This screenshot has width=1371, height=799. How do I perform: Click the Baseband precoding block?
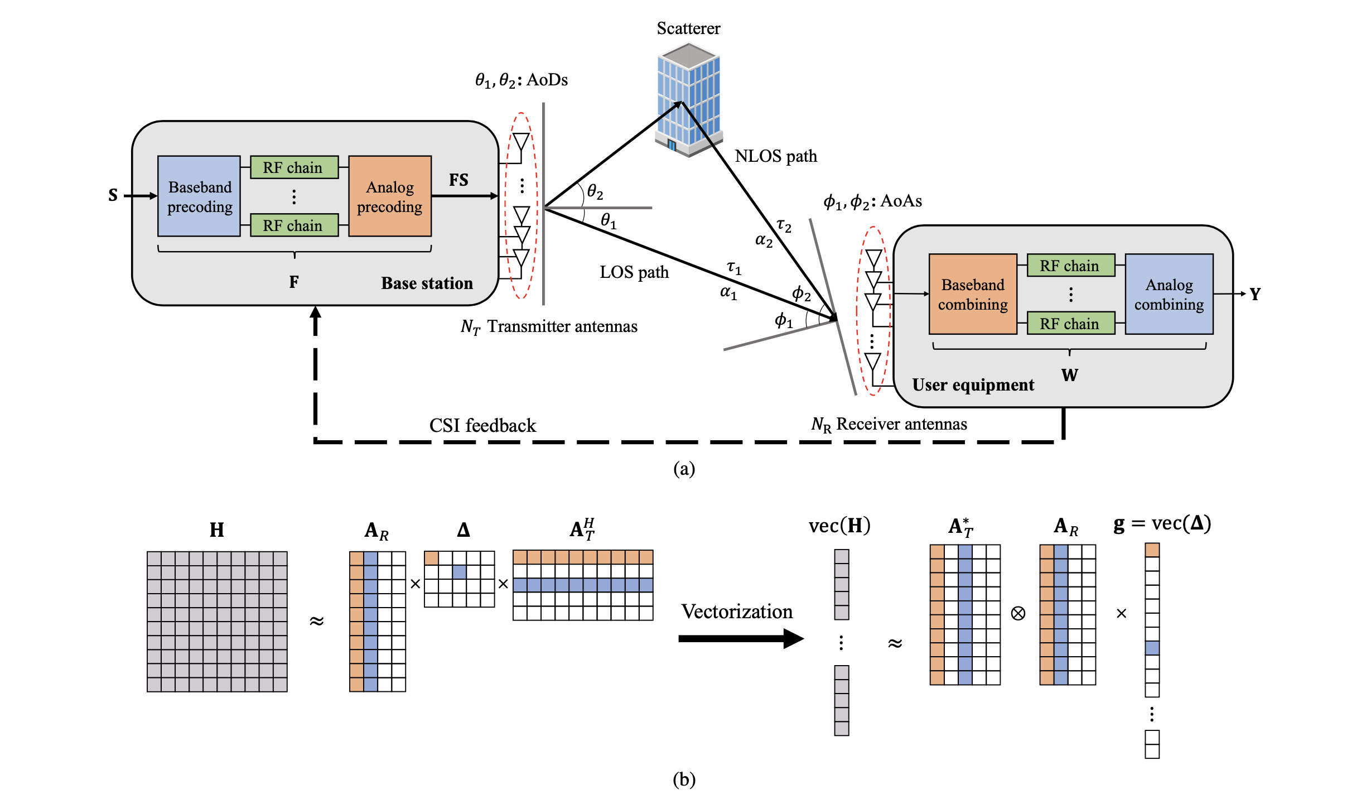pos(199,196)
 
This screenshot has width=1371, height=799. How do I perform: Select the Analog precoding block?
pos(389,196)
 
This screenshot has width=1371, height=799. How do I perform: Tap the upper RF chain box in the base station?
pos(294,167)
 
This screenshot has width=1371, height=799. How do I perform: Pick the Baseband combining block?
pos(973,294)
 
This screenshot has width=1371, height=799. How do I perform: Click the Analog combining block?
pos(1169,294)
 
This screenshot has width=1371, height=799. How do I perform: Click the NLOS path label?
pos(775,156)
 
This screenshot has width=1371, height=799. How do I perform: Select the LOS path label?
pos(634,272)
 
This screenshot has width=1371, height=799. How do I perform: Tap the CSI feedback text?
pos(482,426)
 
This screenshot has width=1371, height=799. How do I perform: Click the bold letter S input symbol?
pos(113,195)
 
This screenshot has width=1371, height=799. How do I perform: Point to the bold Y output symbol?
pos(1254,294)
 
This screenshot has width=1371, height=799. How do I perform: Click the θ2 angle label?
pos(595,193)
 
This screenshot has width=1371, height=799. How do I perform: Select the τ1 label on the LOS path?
pos(734,268)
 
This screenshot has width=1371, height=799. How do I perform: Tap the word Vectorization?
pos(736,612)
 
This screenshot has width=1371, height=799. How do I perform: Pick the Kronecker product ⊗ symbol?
pos(1018,614)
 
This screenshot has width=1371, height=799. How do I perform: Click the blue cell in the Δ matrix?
pos(459,571)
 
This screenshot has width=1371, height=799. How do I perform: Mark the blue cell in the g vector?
pos(1152,648)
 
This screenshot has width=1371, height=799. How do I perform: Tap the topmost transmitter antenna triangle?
pos(521,142)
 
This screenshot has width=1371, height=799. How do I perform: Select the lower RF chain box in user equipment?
pos(1070,324)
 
